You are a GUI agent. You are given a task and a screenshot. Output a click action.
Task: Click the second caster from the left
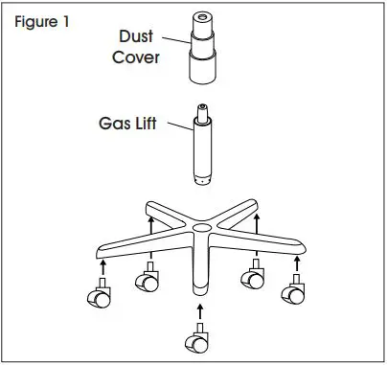click(148, 282)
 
